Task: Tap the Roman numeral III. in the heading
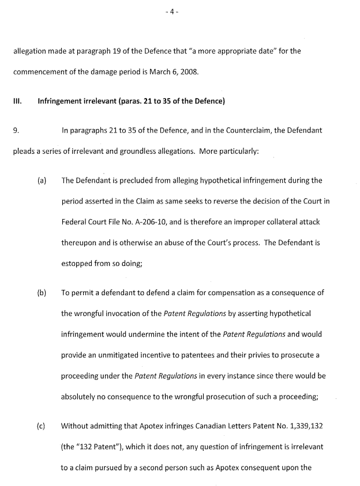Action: coord(17,101)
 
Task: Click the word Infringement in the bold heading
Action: coord(62,101)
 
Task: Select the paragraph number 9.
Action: coord(16,131)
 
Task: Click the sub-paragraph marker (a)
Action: coord(42,180)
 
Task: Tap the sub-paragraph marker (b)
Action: coord(42,292)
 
